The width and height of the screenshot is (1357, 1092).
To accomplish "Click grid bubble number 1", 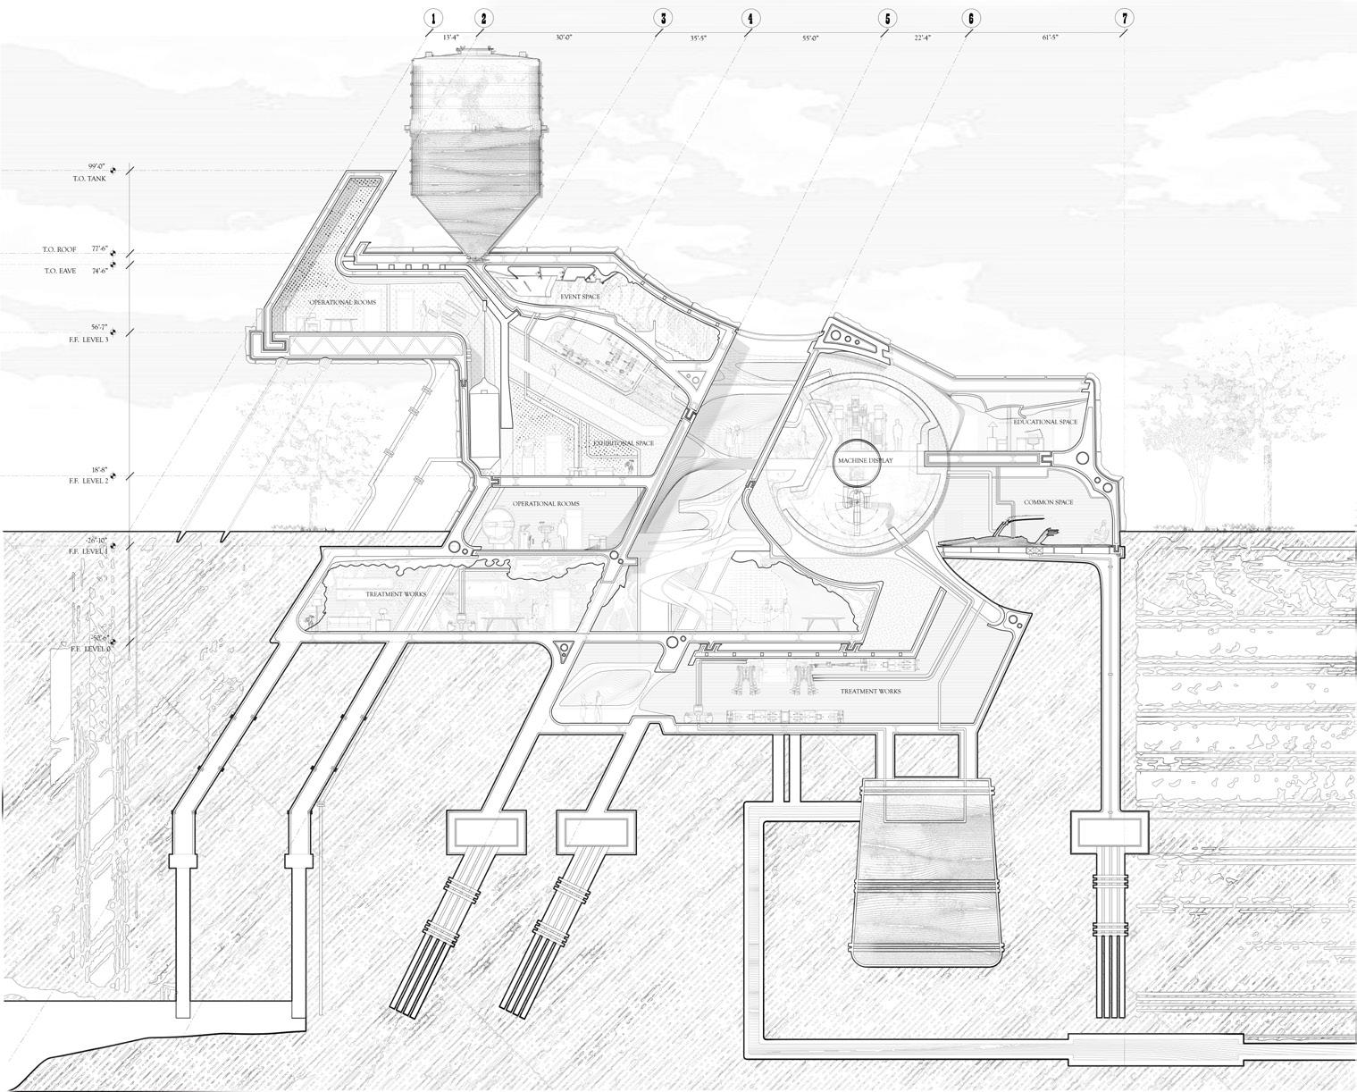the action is click(x=433, y=19).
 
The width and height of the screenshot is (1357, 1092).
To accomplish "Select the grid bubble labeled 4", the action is click(x=749, y=19).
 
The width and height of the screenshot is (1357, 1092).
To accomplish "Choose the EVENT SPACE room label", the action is click(x=580, y=297).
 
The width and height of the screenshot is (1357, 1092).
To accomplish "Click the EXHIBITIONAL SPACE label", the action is click(x=623, y=443).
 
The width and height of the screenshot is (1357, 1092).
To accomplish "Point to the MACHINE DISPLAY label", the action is click(x=864, y=460).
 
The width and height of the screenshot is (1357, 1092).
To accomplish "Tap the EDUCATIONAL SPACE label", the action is click(x=1045, y=422).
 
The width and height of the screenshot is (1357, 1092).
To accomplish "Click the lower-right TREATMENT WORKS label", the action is click(x=869, y=691).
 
